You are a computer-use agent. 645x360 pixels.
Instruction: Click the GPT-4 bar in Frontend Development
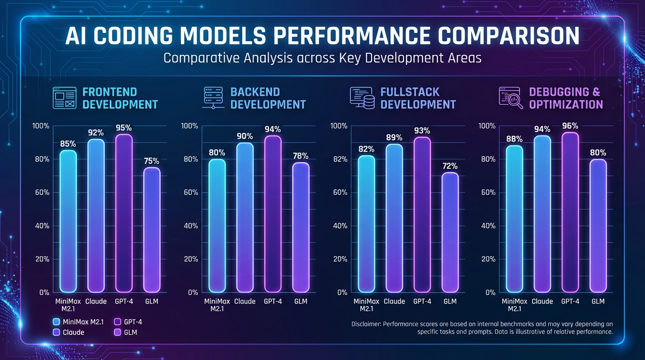pyautogui.click(x=124, y=213)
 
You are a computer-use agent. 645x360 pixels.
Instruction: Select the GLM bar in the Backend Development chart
pyautogui.click(x=300, y=227)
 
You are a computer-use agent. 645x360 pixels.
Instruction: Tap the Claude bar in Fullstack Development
pyautogui.click(x=394, y=218)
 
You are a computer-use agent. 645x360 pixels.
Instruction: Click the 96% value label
pyautogui.click(x=570, y=126)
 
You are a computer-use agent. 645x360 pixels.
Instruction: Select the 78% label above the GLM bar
pyautogui.click(x=300, y=156)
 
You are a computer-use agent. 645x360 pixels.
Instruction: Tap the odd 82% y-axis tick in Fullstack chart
pyautogui.click(x=339, y=159)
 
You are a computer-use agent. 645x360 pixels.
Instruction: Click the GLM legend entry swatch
pyautogui.click(x=117, y=332)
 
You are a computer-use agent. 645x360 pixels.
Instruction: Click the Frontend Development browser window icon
pyautogui.click(x=64, y=98)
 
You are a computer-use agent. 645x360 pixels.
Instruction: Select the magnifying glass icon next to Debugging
pyautogui.click(x=511, y=98)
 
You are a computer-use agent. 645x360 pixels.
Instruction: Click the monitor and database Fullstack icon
pyautogui.click(x=362, y=98)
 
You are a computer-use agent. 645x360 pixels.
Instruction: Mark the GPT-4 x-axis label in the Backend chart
pyautogui.click(x=273, y=301)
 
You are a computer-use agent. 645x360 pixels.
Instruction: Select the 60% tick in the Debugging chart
pyautogui.click(x=487, y=193)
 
